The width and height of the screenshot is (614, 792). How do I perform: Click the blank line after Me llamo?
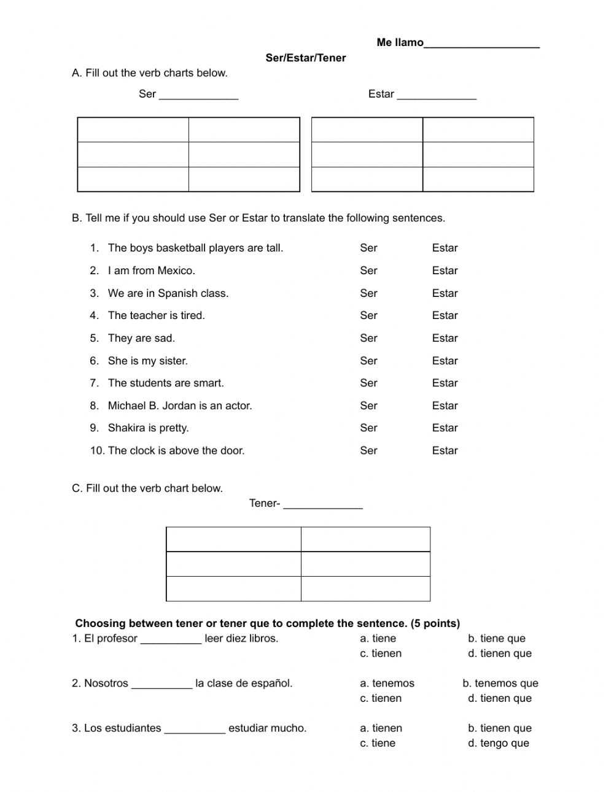[481, 44]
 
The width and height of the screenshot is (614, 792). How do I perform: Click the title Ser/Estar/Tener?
[306, 58]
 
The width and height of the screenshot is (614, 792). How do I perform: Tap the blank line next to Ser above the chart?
[198, 96]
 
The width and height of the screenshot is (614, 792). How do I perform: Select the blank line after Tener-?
[323, 505]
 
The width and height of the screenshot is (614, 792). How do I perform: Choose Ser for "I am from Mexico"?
[368, 271]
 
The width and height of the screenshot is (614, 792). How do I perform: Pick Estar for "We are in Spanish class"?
[445, 293]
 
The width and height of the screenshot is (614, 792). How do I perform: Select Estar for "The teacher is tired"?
[445, 315]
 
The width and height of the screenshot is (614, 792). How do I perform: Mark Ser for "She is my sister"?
[368, 361]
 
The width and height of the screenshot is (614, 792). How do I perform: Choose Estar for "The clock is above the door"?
[445, 450]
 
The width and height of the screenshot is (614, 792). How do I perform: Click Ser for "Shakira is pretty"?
[368, 428]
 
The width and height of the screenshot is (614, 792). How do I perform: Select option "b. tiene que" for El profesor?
[497, 639]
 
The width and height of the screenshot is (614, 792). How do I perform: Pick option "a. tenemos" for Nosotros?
[387, 683]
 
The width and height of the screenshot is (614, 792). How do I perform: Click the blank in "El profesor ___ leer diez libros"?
[171, 640]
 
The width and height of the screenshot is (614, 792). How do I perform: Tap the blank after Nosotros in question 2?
[161, 685]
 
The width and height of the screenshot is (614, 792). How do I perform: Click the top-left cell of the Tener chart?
[233, 539]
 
